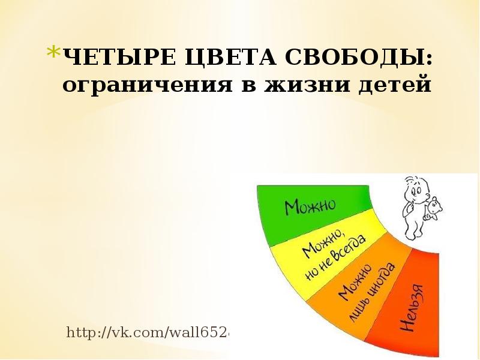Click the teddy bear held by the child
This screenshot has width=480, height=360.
[x=434, y=211]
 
